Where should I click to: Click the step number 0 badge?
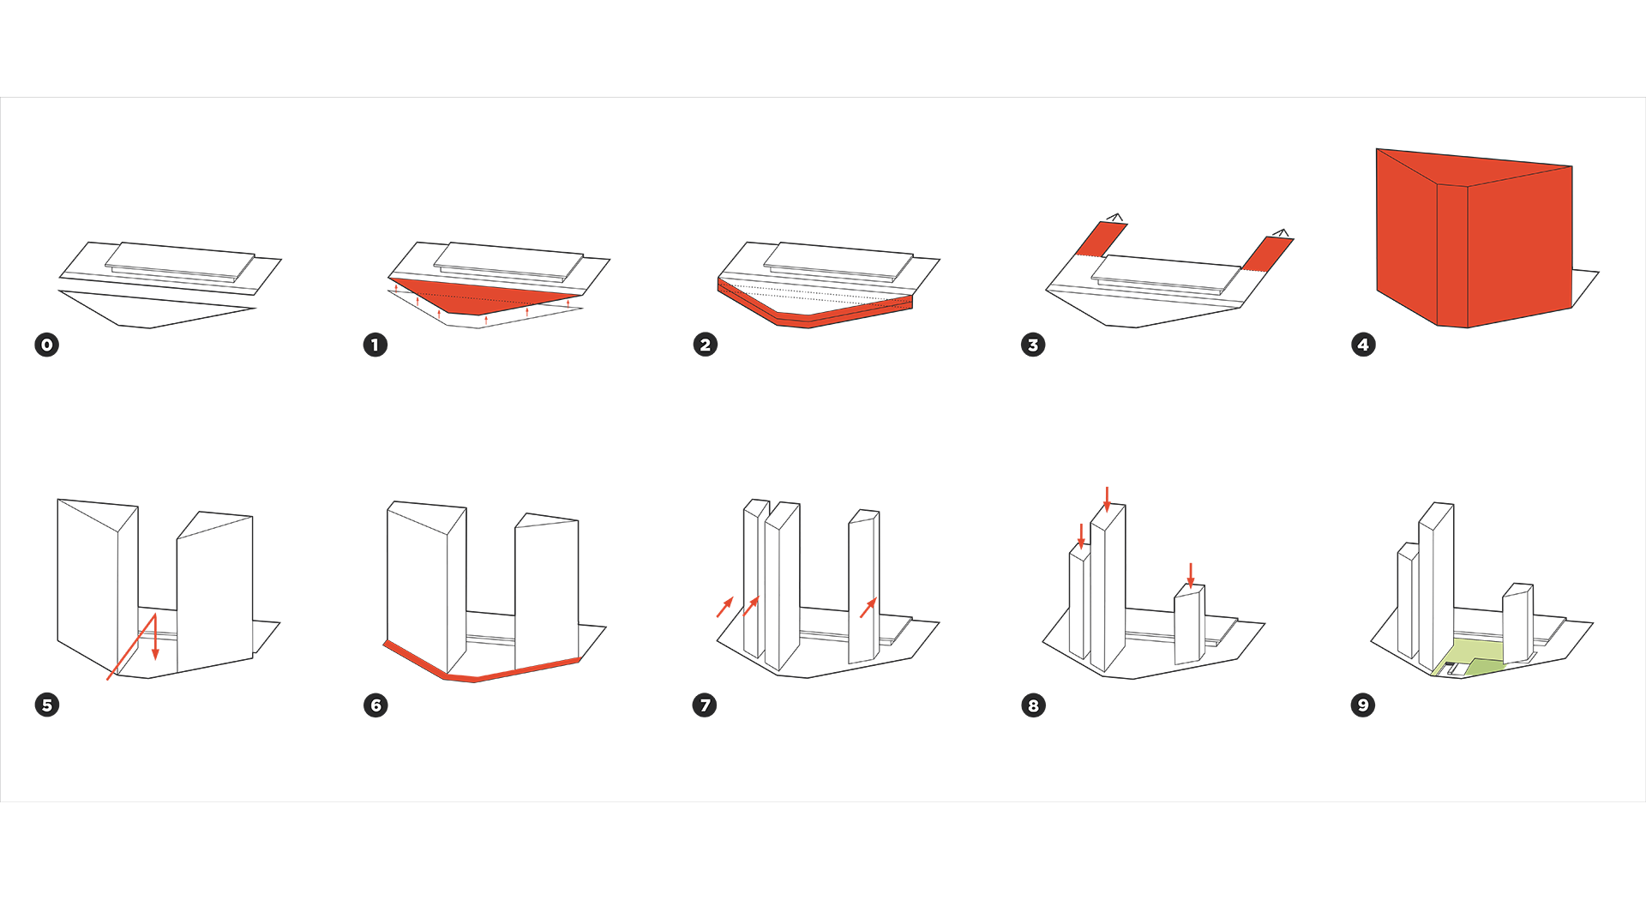tap(47, 345)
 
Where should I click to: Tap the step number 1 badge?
tap(375, 345)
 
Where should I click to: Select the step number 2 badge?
tap(705, 345)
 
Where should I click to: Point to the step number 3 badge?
tap(1033, 345)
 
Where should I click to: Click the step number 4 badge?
tap(1363, 345)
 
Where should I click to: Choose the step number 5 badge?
tap(47, 705)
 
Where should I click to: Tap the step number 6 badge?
tap(375, 705)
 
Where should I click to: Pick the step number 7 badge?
tap(705, 705)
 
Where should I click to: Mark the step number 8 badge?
tap(1033, 705)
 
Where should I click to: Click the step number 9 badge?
tap(1363, 705)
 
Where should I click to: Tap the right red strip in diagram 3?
tap(1266, 254)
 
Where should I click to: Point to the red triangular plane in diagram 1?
tap(480, 297)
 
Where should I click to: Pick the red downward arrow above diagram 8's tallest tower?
tap(1107, 499)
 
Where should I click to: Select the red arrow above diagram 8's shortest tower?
tap(1190, 574)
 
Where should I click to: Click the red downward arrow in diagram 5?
tap(155, 639)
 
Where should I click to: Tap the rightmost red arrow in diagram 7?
tap(868, 608)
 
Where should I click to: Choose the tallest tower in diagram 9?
tap(1436, 583)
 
